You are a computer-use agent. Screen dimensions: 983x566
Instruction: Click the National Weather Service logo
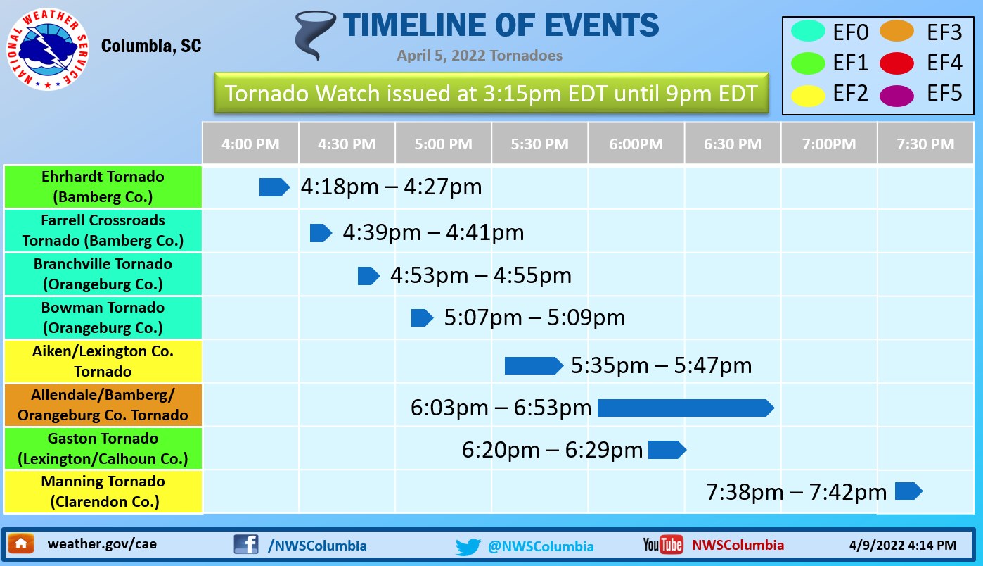(x=47, y=49)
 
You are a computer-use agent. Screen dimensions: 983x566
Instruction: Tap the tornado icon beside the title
(x=314, y=35)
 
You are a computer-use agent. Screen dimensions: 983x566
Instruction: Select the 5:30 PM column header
(x=539, y=144)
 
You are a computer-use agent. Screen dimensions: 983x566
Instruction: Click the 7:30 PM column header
(x=925, y=144)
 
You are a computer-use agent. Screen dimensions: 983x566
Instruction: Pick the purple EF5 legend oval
(x=897, y=96)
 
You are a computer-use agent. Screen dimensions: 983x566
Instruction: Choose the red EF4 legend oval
(x=897, y=63)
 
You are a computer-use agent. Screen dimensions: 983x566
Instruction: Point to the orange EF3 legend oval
(x=897, y=31)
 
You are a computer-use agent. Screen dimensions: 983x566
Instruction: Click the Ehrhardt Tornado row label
(x=103, y=187)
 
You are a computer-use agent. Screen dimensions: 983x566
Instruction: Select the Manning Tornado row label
(x=103, y=491)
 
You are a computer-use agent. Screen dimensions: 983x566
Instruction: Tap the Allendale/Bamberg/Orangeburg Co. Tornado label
(x=103, y=405)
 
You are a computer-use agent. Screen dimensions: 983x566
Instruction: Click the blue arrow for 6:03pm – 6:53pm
(x=686, y=408)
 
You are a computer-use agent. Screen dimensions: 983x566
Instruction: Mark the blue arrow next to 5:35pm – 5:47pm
(x=534, y=365)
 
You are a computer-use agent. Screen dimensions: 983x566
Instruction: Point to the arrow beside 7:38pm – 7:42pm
(x=908, y=491)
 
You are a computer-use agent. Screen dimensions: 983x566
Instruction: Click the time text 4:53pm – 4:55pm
(x=481, y=275)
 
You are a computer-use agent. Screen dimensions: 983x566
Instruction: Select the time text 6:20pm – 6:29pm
(x=552, y=450)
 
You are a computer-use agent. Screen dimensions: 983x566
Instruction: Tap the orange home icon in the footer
(x=21, y=544)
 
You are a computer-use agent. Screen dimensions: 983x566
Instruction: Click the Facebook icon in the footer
(x=246, y=544)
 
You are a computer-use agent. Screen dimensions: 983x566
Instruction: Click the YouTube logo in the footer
(x=663, y=544)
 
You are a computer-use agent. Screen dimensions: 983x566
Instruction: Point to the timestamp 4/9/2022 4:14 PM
(x=902, y=545)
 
